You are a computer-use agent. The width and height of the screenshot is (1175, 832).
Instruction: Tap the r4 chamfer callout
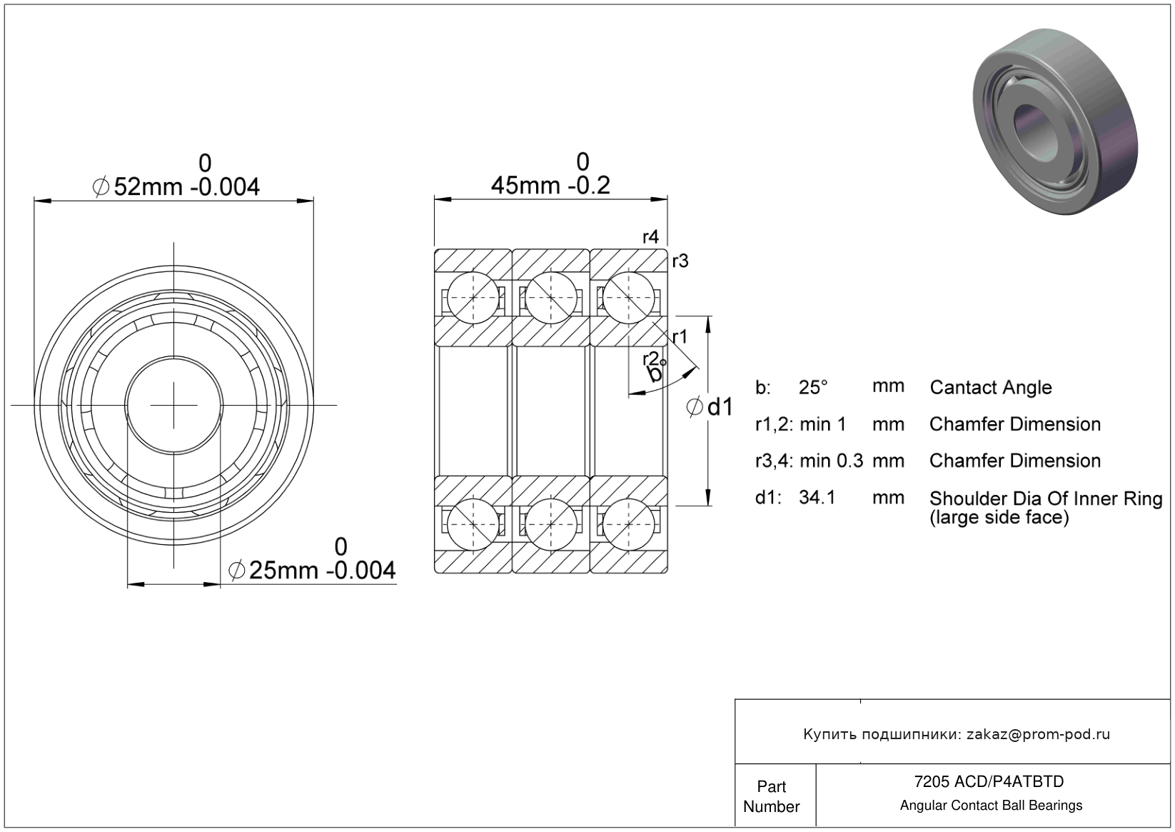click(650, 237)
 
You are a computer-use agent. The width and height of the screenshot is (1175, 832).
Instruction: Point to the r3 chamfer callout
click(680, 261)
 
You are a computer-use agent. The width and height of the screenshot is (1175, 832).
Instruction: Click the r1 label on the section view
click(680, 337)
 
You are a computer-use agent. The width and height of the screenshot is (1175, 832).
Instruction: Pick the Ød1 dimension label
click(710, 407)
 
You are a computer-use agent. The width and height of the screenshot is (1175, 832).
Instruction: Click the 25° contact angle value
click(813, 387)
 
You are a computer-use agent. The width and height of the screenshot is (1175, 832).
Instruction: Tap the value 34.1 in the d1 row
click(817, 497)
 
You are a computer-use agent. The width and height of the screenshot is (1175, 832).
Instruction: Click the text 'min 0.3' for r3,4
click(832, 461)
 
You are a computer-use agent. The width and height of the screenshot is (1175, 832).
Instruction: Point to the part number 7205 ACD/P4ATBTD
click(989, 781)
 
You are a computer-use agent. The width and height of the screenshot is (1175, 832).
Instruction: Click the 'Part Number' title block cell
click(772, 796)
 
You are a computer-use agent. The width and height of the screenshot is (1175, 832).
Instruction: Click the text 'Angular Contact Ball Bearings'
click(991, 806)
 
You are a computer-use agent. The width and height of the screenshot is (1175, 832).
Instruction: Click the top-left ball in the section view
click(473, 298)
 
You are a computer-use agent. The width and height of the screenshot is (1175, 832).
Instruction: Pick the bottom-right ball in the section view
click(628, 524)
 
